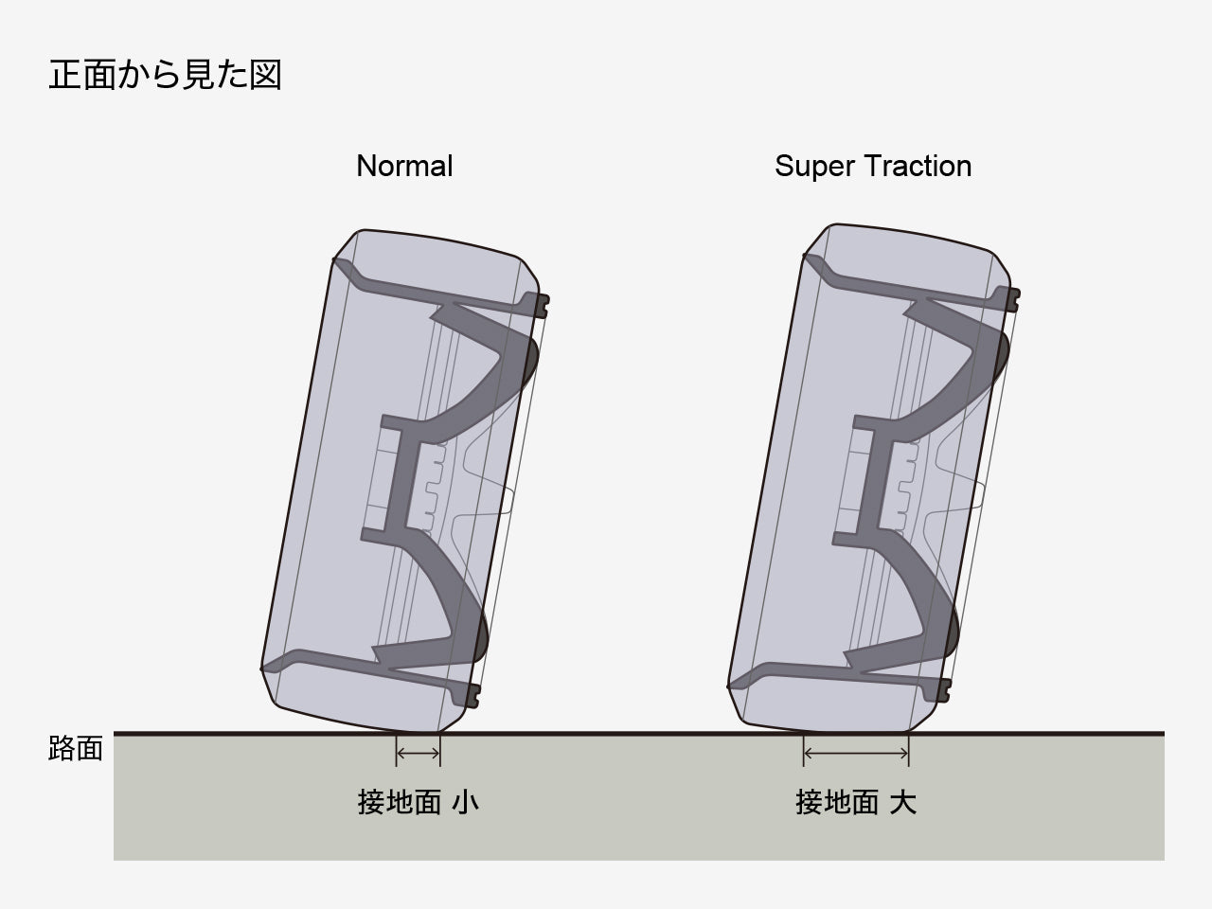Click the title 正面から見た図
pos(165,75)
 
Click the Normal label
pos(404,166)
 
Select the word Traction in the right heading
pos(921,166)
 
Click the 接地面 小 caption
pos(418,802)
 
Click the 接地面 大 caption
pos(855,802)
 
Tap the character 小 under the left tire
pos(465,802)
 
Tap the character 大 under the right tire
pos(903,802)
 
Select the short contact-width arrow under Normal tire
pos(418,753)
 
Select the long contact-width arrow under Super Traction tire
pos(856,753)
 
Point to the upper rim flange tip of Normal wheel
pos(544,305)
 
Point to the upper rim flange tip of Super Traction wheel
pos(1015,300)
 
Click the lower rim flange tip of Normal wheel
pos(474,697)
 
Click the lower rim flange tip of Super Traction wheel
pos(944,692)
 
